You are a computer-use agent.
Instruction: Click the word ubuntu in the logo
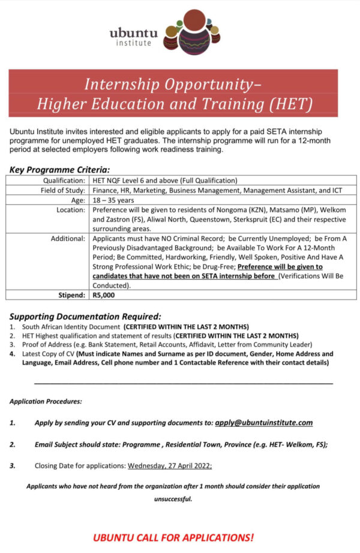point(133,34)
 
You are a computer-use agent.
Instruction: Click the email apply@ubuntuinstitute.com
point(263,422)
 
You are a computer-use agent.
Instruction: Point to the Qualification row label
point(64,180)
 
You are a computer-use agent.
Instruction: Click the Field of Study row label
point(61,190)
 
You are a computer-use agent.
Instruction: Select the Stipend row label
point(70,295)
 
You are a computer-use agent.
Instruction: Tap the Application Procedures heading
point(46,400)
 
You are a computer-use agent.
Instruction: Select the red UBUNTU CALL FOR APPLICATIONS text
point(173,537)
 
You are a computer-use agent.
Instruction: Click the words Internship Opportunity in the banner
point(170,84)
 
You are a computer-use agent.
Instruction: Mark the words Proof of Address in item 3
point(40,345)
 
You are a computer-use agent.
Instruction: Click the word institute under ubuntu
point(133,43)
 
